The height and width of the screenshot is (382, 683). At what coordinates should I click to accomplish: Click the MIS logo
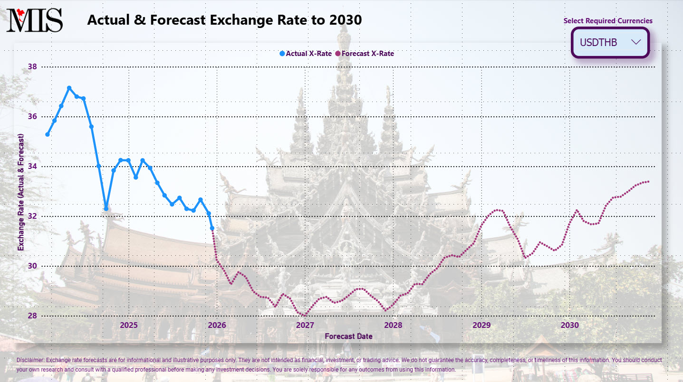click(x=34, y=20)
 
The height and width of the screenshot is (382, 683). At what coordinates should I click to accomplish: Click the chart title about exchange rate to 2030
click(x=224, y=20)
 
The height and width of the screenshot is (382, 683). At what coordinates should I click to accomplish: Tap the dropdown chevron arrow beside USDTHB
click(x=636, y=42)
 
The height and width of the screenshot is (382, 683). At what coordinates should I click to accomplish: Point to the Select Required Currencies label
click(x=608, y=21)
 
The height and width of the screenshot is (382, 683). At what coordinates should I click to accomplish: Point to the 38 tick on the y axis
click(x=32, y=67)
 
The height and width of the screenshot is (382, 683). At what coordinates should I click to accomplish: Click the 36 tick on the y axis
click(x=32, y=117)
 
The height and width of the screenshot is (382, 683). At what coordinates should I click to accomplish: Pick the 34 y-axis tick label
click(x=32, y=167)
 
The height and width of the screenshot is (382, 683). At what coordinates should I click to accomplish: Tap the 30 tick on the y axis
click(x=32, y=266)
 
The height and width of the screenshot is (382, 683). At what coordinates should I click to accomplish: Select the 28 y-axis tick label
click(x=32, y=316)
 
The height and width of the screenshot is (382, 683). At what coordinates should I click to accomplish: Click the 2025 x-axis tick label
click(x=128, y=325)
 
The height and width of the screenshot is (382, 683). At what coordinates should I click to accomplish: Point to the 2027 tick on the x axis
click(x=305, y=325)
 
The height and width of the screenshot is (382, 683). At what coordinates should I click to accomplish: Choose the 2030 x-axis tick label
click(x=569, y=325)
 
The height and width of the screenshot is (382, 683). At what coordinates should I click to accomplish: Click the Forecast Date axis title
click(x=348, y=336)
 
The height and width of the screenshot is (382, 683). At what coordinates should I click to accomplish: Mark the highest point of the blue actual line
click(x=69, y=88)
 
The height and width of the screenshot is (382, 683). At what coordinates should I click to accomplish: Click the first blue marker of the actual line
click(x=48, y=134)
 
